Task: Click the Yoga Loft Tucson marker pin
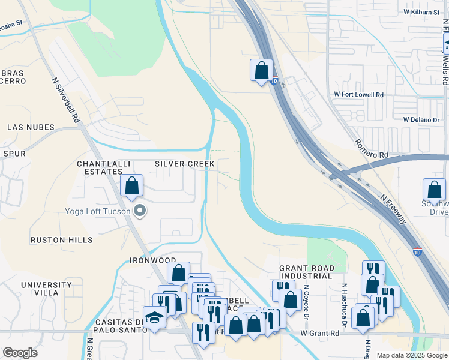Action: [140, 210]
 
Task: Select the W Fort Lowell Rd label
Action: [359, 95]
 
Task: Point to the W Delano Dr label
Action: [421, 120]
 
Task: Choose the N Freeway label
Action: [393, 208]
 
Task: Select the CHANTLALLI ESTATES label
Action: [100, 167]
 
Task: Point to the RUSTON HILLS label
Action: [62, 240]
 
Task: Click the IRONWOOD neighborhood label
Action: [152, 261]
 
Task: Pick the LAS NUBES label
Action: [31, 127]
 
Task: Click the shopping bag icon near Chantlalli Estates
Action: [132, 186]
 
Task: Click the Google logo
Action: [20, 353]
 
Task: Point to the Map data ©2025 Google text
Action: [412, 355]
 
